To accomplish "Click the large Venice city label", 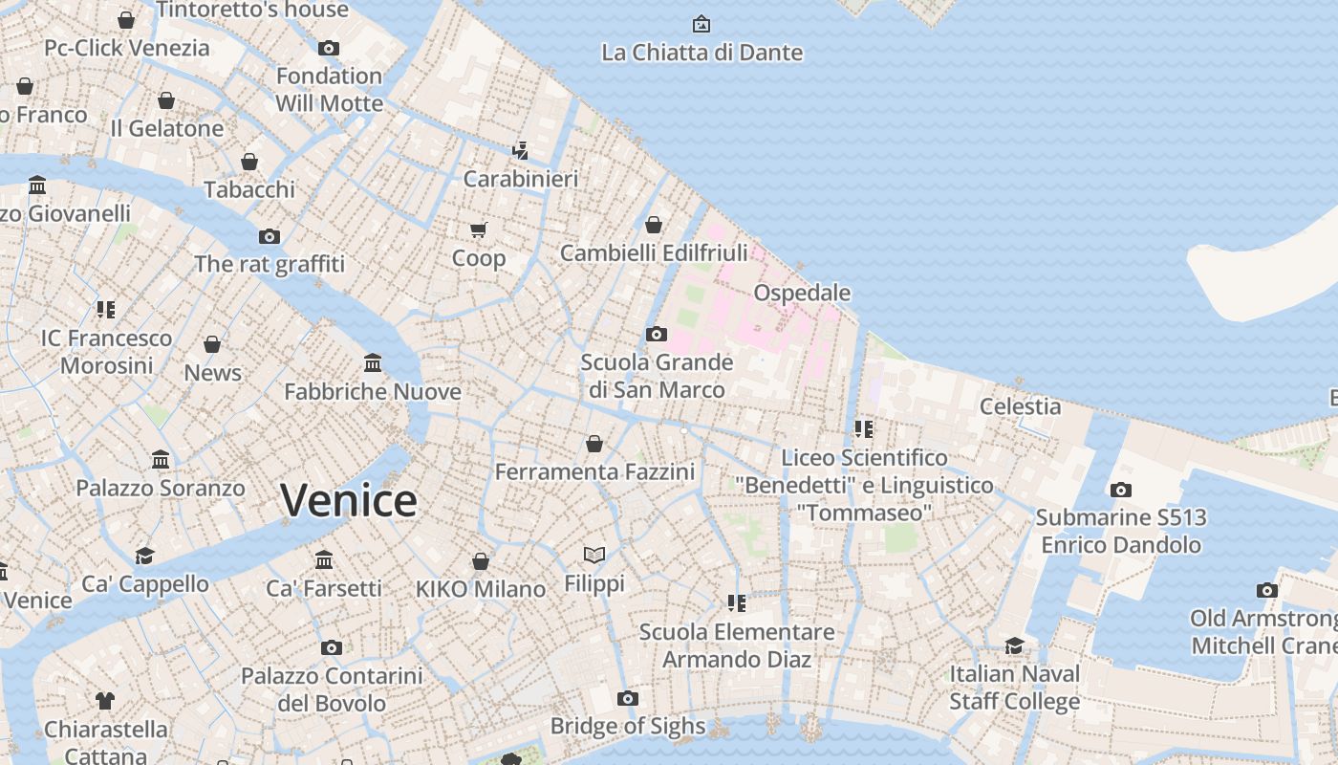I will pyautogui.click(x=349, y=501).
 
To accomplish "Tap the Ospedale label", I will pyautogui.click(x=802, y=293).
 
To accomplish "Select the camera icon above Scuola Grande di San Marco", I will pyautogui.click(x=656, y=334).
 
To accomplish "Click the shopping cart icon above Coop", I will pyautogui.click(x=479, y=229).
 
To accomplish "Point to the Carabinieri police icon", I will pyautogui.click(x=520, y=150).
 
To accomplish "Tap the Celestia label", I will pyautogui.click(x=1020, y=406).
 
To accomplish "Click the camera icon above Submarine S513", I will pyautogui.click(x=1120, y=490).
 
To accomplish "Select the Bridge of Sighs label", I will pyautogui.click(x=627, y=726).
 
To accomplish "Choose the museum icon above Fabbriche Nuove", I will pyautogui.click(x=373, y=363).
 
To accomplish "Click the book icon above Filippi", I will pyautogui.click(x=594, y=555).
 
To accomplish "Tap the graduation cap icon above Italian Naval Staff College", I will pyautogui.click(x=1014, y=645).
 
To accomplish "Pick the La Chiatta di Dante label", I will pyautogui.click(x=701, y=53).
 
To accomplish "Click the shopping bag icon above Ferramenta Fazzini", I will pyautogui.click(x=594, y=444).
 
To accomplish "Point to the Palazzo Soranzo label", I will pyautogui.click(x=161, y=488).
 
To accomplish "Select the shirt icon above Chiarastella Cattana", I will pyautogui.click(x=105, y=701).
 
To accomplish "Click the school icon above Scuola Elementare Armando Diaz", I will pyautogui.click(x=736, y=602).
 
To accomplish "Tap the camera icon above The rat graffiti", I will pyautogui.click(x=270, y=236).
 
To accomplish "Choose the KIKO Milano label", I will pyautogui.click(x=480, y=589).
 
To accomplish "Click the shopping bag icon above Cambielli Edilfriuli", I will pyautogui.click(x=654, y=225).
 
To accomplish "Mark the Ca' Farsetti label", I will pyautogui.click(x=324, y=588).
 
